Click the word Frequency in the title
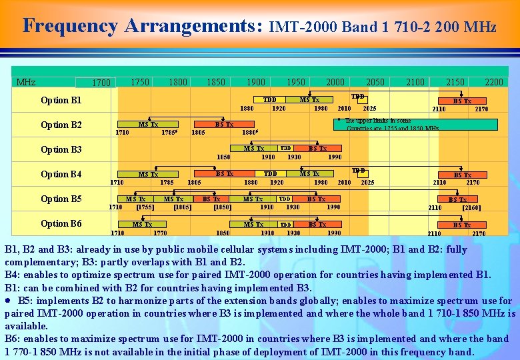[x=71, y=26]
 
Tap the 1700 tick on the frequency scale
[x=101, y=83]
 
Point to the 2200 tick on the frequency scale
[x=494, y=82]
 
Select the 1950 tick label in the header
[x=295, y=82]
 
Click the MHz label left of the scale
[x=26, y=83]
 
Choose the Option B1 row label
[x=61, y=101]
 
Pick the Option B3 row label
[x=61, y=150]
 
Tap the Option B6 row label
[x=61, y=223]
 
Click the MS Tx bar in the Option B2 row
[x=147, y=124]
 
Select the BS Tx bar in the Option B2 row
[x=224, y=124]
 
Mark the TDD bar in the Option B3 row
[x=286, y=149]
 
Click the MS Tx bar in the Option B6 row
[x=142, y=225]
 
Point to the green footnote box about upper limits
[x=415, y=124]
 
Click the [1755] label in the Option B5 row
[x=145, y=207]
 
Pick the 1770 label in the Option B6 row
[x=160, y=233]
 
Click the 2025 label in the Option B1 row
[x=369, y=109]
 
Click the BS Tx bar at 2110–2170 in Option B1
[x=463, y=101]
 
